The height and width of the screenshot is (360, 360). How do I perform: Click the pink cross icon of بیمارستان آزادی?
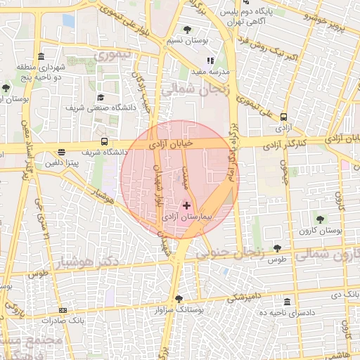pos(186,205)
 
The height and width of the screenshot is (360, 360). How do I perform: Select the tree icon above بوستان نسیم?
pos(187,29)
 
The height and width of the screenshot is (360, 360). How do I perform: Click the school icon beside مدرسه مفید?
pos(209,60)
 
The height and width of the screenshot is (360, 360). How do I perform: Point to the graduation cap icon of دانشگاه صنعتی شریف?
pos(101,98)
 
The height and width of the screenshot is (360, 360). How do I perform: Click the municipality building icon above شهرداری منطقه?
pos(42,57)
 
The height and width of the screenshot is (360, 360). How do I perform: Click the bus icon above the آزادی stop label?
pos(283,117)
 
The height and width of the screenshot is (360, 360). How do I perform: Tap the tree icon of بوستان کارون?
pos(321,219)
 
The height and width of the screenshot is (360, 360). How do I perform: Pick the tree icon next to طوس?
pos(278,247)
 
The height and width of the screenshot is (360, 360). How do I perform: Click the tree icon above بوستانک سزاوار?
pos(179,298)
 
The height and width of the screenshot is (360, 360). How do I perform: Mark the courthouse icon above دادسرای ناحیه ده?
pos(287,301)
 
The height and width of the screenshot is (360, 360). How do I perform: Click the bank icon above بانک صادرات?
pos(63,310)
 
